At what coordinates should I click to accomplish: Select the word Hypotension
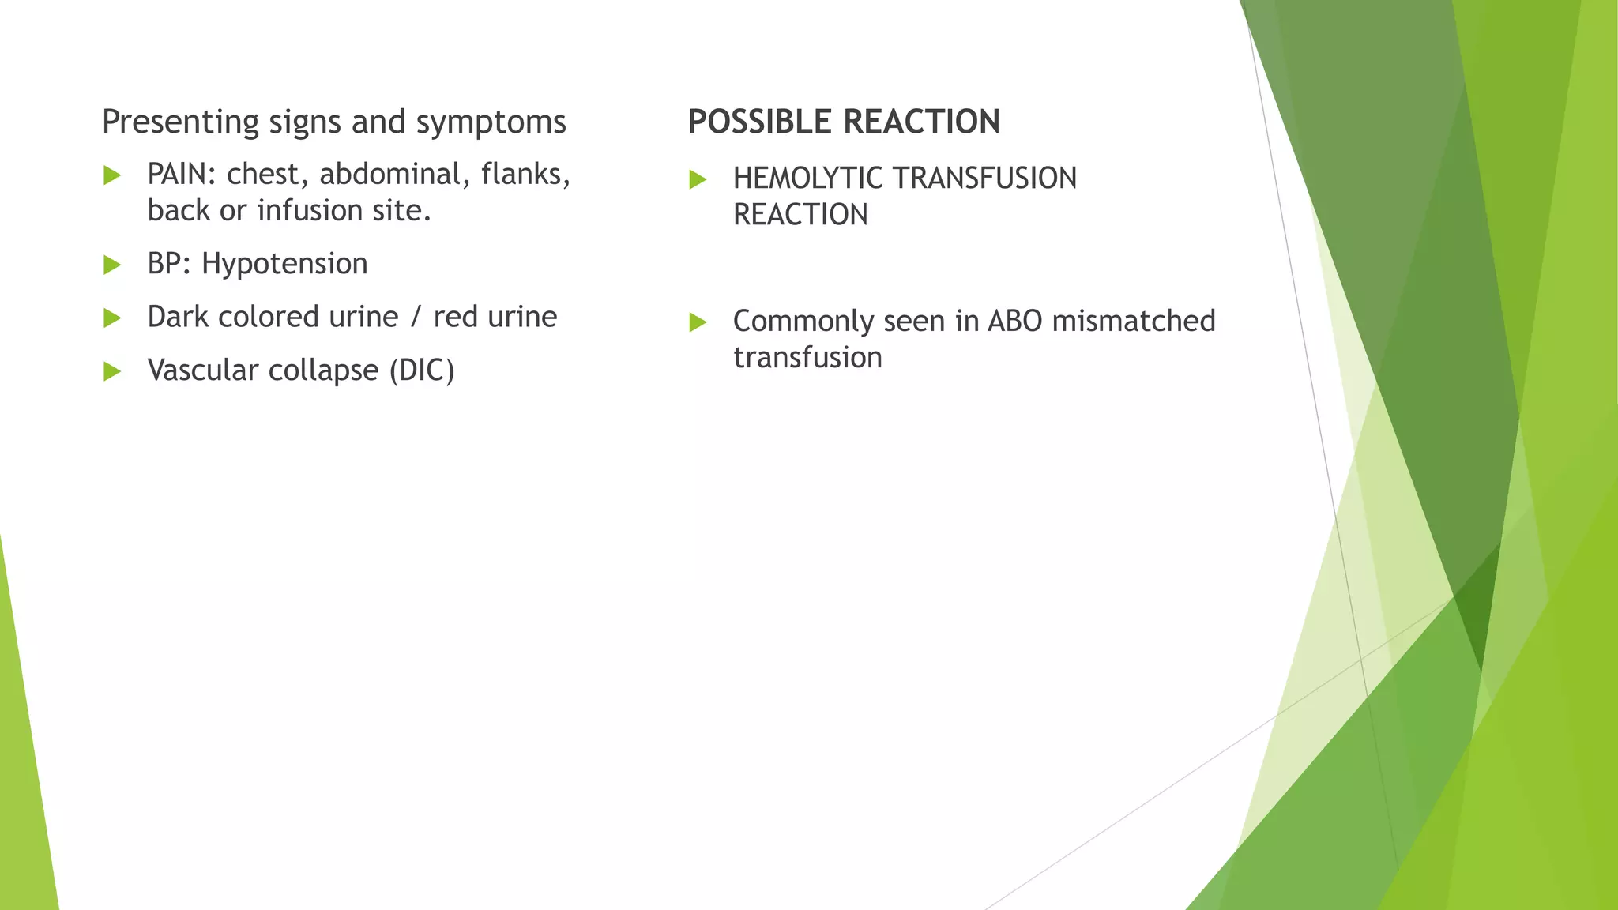284,264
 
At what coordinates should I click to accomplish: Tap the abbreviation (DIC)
422,370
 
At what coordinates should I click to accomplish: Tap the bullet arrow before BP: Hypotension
112,265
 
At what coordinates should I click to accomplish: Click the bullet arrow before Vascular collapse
112,371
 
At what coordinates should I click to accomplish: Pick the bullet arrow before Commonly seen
698,322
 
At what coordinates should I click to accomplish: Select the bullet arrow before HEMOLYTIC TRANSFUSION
698,179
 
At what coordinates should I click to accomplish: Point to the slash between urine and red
416,318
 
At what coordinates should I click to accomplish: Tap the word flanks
524,175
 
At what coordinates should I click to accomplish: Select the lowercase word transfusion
807,358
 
